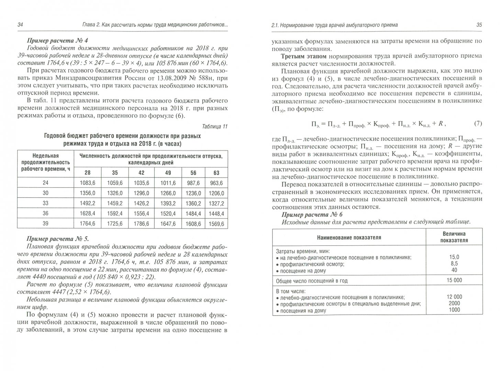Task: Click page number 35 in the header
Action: (x=479, y=25)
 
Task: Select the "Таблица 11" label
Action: (x=215, y=126)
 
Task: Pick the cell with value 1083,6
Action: (x=87, y=183)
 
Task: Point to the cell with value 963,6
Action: (x=216, y=183)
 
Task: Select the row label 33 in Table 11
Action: (x=45, y=203)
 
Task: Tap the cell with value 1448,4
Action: (x=216, y=214)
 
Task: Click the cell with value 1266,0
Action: (x=168, y=193)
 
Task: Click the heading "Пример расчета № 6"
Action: (x=312, y=215)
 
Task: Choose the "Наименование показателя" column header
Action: (x=349, y=237)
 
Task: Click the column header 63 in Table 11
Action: (x=216, y=173)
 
